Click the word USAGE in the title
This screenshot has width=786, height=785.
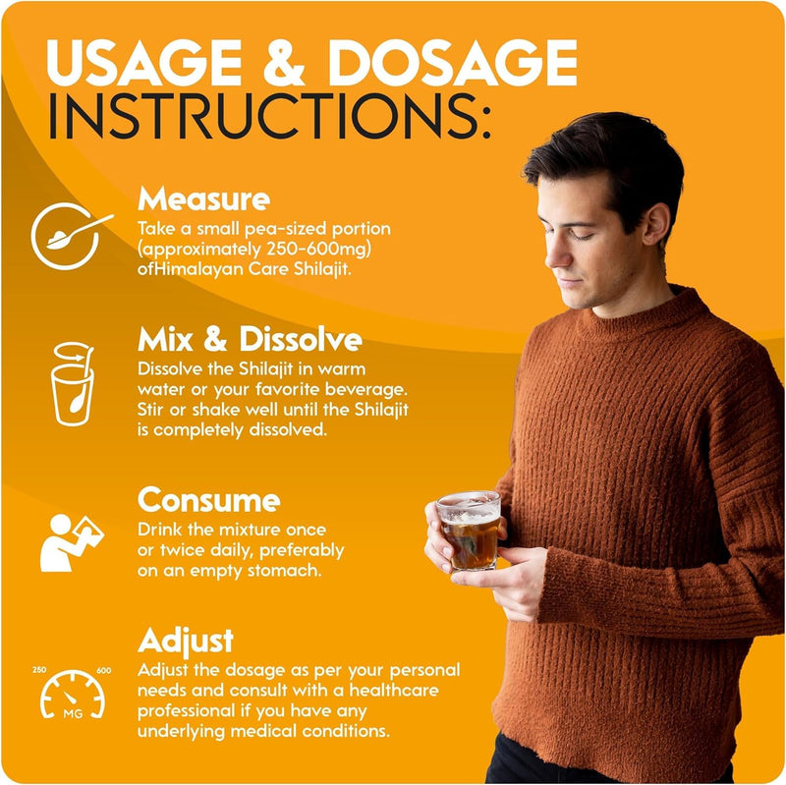[x=143, y=62]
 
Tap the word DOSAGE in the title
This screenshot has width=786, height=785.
[x=453, y=62]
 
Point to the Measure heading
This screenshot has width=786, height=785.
[x=203, y=199]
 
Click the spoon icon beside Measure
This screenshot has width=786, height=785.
[x=72, y=236]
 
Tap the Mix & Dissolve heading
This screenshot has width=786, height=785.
[x=250, y=339]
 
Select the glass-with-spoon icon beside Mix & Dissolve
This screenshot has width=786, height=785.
[x=73, y=384]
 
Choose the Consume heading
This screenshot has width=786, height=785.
[x=208, y=500]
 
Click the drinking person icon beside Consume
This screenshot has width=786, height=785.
[x=72, y=542]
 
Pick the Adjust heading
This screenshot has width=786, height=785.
[x=186, y=642]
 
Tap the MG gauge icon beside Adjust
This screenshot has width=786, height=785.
[x=73, y=695]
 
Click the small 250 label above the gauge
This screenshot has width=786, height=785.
[x=39, y=670]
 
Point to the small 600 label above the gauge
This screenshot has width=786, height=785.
[x=104, y=671]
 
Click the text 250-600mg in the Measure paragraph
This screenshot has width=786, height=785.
[x=317, y=249]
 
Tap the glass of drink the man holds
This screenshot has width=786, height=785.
[x=470, y=531]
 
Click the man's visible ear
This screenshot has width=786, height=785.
[x=654, y=225]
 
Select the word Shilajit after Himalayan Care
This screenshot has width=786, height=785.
[x=322, y=269]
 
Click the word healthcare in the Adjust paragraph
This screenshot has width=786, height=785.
[x=394, y=691]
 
